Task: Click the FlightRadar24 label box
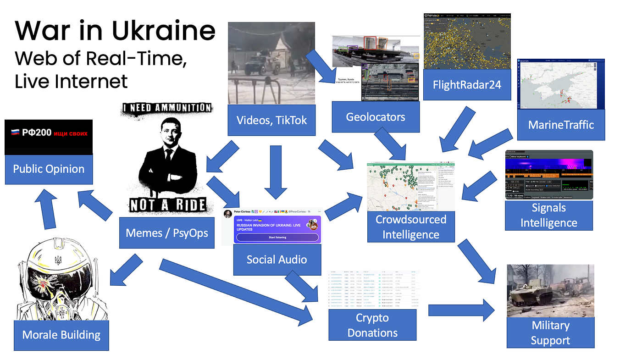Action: (x=467, y=85)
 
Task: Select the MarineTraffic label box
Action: (x=561, y=124)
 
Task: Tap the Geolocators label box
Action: (x=375, y=117)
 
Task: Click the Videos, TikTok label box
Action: (x=271, y=121)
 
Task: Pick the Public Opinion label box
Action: (x=49, y=169)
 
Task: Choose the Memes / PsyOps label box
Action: (x=167, y=233)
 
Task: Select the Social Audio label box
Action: (x=277, y=260)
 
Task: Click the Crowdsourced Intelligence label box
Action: (x=411, y=227)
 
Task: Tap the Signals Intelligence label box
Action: (x=548, y=216)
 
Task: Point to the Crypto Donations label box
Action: (x=372, y=325)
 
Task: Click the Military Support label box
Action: (x=550, y=332)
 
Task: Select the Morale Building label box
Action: (x=61, y=335)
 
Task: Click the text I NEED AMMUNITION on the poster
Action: (x=168, y=108)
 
